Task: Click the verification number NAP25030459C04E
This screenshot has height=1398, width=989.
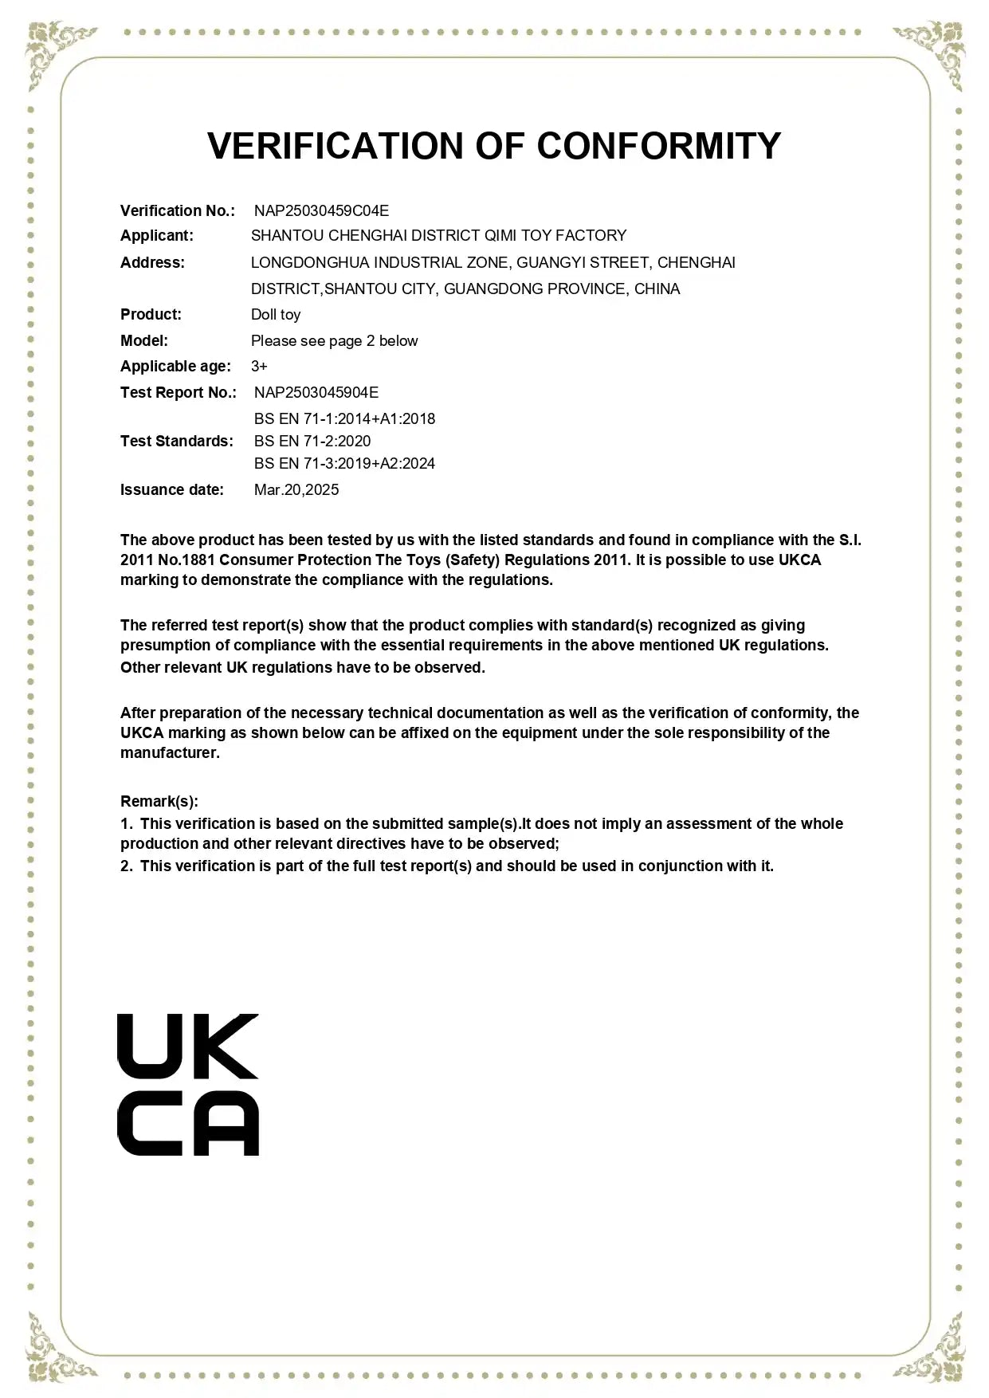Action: tap(321, 210)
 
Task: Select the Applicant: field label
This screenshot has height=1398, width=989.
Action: tap(157, 236)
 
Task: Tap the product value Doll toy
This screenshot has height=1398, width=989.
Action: tap(276, 315)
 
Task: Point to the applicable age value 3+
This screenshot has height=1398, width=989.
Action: tap(259, 367)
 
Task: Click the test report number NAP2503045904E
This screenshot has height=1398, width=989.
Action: tap(316, 393)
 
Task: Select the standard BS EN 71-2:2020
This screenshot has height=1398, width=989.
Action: tap(312, 442)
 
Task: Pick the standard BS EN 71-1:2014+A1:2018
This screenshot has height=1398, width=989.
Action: tap(344, 419)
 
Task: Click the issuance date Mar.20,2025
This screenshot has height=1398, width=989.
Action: tap(296, 490)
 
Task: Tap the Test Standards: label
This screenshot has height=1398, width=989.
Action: tap(177, 442)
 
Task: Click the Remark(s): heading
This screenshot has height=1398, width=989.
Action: tap(159, 802)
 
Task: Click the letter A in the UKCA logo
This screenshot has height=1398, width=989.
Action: tap(226, 1124)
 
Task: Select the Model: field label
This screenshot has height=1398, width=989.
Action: tap(144, 341)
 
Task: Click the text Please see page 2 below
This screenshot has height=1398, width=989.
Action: tap(334, 341)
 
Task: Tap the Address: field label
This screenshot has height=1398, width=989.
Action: tap(152, 263)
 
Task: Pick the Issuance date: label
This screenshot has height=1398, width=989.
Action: tap(172, 490)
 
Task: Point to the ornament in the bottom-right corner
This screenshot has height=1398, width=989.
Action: tap(933, 1348)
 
